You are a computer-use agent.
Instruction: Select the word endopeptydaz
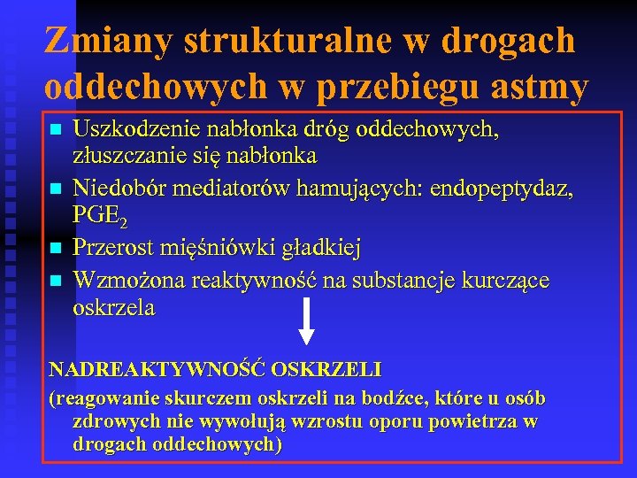[x=498, y=188]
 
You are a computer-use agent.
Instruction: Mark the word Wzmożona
[x=119, y=281]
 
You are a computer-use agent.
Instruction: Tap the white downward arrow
[x=305, y=321]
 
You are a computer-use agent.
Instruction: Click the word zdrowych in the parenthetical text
[x=113, y=423]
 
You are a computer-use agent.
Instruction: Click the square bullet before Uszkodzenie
[x=56, y=131]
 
